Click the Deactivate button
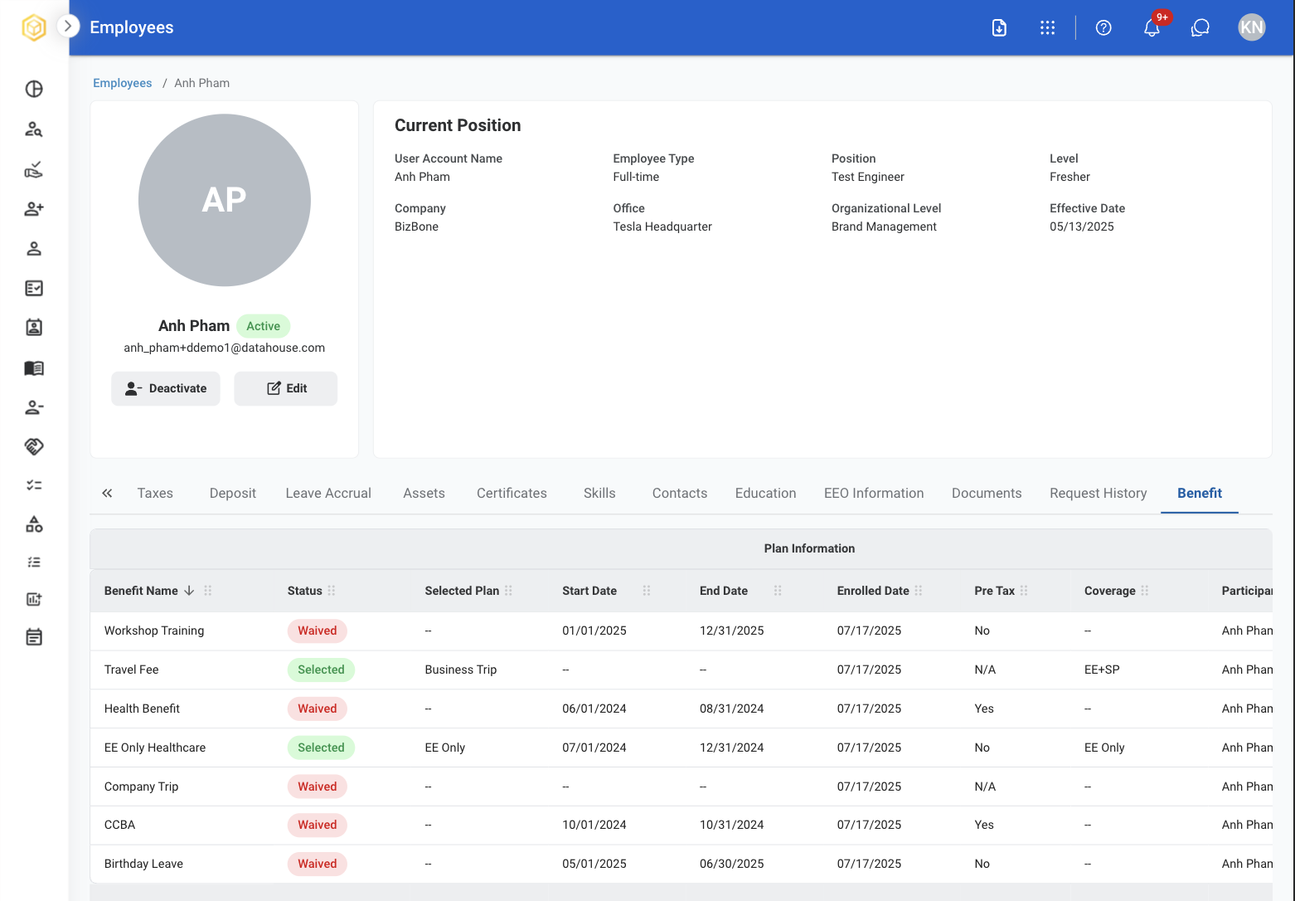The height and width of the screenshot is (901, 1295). (165, 388)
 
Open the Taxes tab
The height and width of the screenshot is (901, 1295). (155, 493)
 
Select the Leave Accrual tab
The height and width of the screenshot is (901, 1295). (328, 493)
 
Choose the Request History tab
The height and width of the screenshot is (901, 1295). (1098, 493)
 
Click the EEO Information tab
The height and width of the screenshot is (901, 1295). (874, 493)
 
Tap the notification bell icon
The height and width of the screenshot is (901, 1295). (1152, 27)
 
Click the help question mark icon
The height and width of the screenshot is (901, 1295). (1103, 27)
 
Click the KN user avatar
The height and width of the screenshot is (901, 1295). (1251, 27)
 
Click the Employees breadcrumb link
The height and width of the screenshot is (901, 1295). (123, 83)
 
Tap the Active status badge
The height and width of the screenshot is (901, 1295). (263, 326)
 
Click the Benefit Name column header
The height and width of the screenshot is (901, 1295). (141, 590)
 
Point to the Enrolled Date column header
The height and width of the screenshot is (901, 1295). (873, 590)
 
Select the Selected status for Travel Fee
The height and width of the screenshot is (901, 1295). (321, 670)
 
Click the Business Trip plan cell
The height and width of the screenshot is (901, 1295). (461, 670)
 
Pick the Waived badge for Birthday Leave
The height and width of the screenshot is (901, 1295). (317, 864)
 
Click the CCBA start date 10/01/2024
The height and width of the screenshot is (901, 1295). (594, 825)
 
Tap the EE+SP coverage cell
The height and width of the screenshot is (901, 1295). (1102, 670)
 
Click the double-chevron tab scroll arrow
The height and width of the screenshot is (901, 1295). (107, 493)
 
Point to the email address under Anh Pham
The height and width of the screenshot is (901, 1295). (225, 348)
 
